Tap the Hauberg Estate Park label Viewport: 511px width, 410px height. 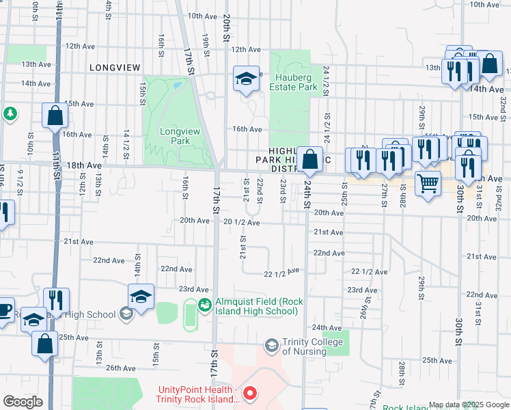(293, 82)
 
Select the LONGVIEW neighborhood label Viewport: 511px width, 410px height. (114, 68)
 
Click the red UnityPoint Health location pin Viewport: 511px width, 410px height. (250, 393)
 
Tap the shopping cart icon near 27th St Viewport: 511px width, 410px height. (428, 182)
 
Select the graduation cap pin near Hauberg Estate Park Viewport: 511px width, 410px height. (246, 79)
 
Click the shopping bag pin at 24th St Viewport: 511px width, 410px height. (310, 160)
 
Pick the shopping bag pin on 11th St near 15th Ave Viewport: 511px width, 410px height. (55, 116)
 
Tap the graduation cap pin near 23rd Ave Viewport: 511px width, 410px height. (141, 297)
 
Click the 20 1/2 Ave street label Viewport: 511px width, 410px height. (241, 222)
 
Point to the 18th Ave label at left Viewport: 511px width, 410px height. (84, 165)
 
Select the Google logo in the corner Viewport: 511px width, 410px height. (23, 402)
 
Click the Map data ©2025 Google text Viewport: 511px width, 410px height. (468, 405)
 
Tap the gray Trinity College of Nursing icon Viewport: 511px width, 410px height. (272, 346)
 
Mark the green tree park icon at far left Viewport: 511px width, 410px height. (10, 113)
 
